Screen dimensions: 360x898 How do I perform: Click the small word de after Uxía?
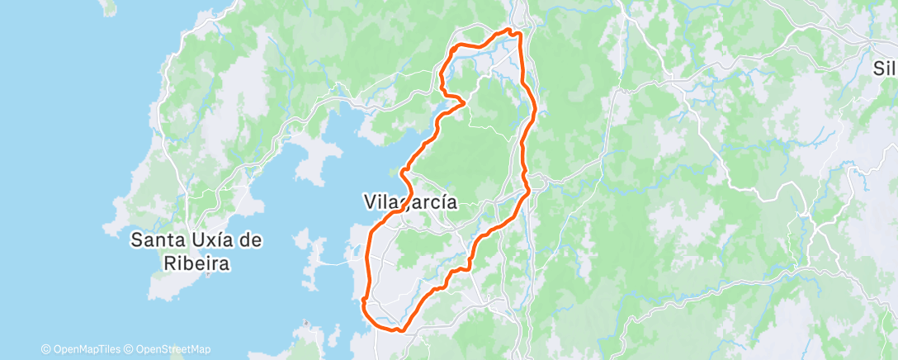click(253, 241)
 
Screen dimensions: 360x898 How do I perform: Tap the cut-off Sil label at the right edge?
click(885, 69)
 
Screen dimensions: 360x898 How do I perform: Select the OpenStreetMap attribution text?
click(173, 349)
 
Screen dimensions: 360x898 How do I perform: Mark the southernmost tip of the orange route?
click(399, 330)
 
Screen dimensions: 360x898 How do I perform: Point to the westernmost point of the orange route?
click(363, 304)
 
